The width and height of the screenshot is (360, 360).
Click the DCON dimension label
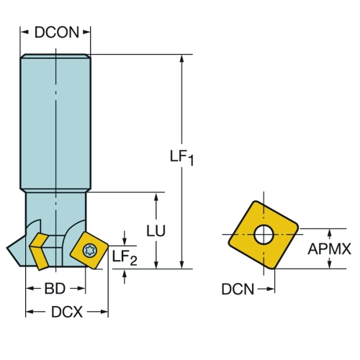click(x=57, y=32)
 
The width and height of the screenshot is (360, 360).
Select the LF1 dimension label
click(x=181, y=157)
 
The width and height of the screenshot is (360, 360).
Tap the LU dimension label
click(x=156, y=231)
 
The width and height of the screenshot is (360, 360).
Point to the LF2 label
click(x=125, y=258)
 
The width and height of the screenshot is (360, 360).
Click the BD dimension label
click(x=55, y=289)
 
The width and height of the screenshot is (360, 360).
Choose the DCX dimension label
click(x=67, y=312)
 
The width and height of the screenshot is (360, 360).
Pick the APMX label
click(x=329, y=248)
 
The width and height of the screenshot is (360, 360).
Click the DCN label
click(x=238, y=289)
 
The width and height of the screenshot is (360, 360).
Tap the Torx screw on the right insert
click(x=90, y=251)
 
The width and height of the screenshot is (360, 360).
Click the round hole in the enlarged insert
click(x=264, y=234)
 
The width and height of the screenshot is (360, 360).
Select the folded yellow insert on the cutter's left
click(x=39, y=251)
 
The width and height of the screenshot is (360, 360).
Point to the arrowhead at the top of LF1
click(x=181, y=59)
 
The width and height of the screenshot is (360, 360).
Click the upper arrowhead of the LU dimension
click(x=156, y=197)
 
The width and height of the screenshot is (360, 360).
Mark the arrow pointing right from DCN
click(x=266, y=289)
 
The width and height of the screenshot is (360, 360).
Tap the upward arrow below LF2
click(x=125, y=276)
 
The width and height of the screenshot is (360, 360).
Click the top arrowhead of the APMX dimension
click(x=330, y=233)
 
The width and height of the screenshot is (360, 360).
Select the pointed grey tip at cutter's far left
click(x=7, y=248)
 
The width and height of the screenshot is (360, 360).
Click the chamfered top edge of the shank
click(x=55, y=56)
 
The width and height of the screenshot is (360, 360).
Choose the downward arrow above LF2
click(x=125, y=238)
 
